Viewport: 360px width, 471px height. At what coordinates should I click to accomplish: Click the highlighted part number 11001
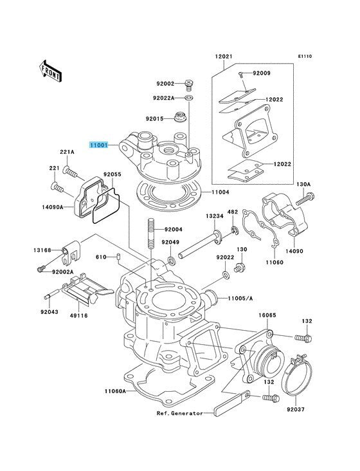pyautogui.click(x=98, y=145)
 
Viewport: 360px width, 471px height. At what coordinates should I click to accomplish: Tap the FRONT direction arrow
pyautogui.click(x=50, y=71)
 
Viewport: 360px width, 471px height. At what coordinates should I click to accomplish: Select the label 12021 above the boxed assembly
pyautogui.click(x=224, y=56)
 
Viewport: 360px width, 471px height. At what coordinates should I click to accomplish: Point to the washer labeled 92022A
pyautogui.click(x=189, y=98)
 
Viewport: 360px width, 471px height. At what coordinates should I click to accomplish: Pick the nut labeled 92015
pyautogui.click(x=181, y=116)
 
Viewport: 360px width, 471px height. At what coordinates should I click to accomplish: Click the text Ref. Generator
pyautogui.click(x=180, y=413)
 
